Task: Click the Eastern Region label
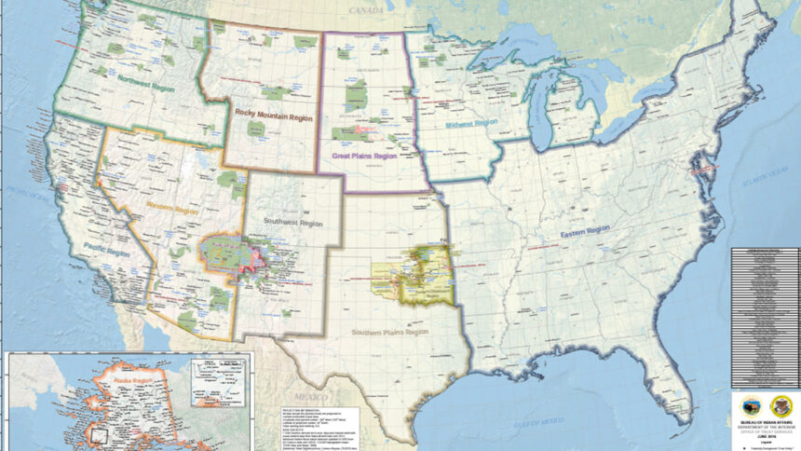[585, 229]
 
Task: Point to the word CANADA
[367, 8]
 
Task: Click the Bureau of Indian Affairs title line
[765, 370]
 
